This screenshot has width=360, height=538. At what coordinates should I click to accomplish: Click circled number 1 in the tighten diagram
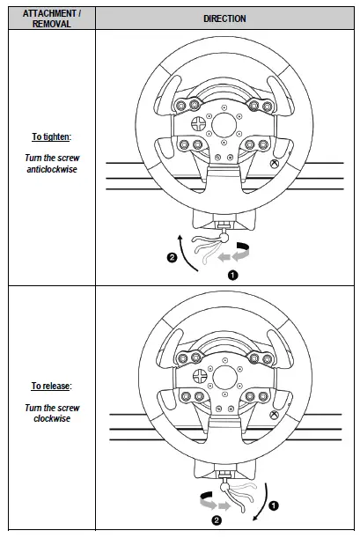(233, 274)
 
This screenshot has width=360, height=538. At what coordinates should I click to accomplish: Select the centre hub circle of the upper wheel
(228, 119)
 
